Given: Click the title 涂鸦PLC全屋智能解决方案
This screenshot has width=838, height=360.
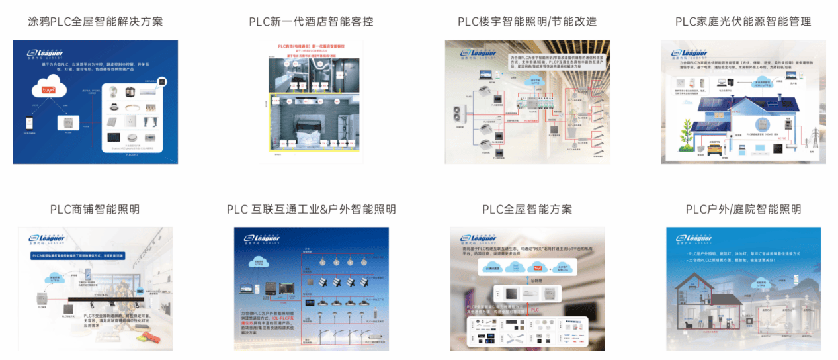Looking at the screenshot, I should coord(95,21).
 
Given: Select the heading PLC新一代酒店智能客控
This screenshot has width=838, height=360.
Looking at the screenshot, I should coord(311,21).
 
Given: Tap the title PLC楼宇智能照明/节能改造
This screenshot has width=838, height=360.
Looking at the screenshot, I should coord(527,21).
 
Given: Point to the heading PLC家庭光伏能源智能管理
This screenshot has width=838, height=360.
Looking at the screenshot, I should coord(743,21).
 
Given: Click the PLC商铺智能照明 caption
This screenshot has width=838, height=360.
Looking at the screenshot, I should coord(95,209).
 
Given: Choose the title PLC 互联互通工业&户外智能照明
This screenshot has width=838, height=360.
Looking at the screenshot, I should coord(311,209).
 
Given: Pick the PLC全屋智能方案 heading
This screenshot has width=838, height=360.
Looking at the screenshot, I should coord(527,209).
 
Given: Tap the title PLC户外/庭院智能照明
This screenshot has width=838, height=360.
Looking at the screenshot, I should coord(743,209).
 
